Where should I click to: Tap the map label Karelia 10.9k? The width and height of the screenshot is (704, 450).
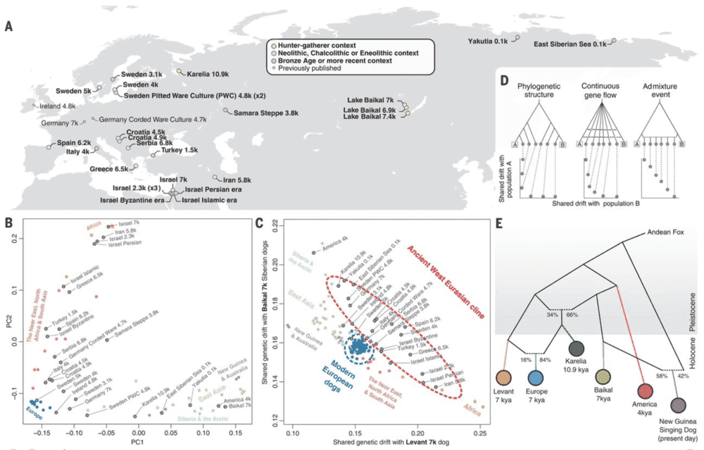click(210, 73)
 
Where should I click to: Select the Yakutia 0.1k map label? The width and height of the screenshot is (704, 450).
click(487, 41)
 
